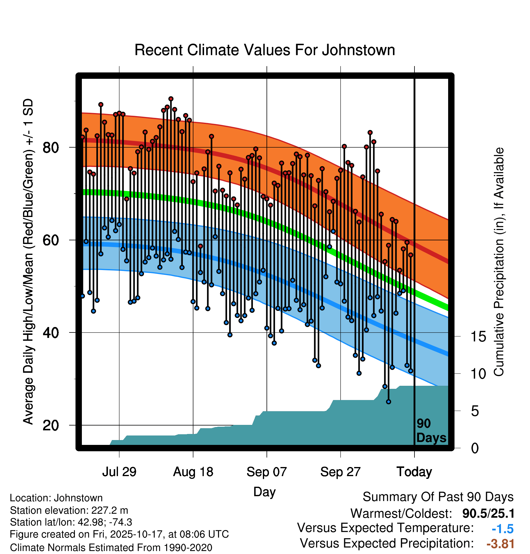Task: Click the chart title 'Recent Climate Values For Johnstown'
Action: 265,50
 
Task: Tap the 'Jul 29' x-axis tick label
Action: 119,472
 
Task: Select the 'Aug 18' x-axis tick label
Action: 193,472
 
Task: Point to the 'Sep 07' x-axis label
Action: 267,472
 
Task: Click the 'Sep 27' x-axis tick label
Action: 340,472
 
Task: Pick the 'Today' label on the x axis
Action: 414,472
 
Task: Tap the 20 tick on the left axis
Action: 51,425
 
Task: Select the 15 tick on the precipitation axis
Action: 478,336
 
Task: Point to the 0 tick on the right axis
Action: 475,448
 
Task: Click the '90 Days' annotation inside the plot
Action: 431,431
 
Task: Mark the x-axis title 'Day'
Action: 264,492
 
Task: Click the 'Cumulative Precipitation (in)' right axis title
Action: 499,262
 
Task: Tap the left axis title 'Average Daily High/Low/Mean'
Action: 28,262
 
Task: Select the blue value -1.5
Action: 502,529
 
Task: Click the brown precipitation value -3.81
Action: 500,544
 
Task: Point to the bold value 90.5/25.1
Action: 488,513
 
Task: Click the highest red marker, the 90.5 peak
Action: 171,99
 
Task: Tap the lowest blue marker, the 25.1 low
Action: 388,402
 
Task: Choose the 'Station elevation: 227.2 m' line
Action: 69,510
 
